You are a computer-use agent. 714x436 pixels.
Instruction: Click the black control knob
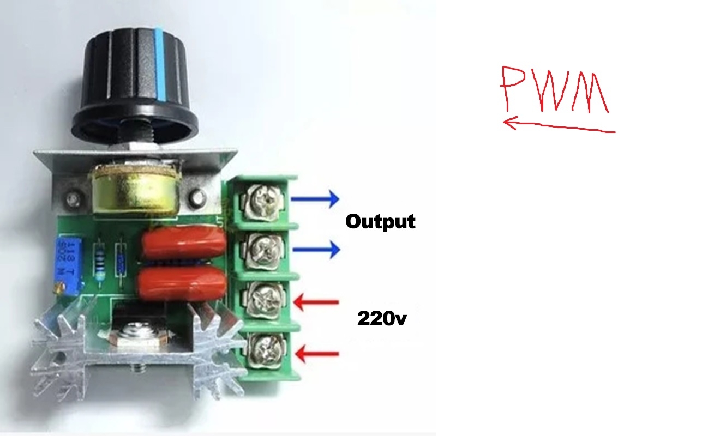[134, 86]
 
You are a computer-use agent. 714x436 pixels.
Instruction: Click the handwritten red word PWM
[555, 89]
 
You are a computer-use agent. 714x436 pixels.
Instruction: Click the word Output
[380, 221]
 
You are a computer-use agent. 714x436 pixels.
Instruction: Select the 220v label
[382, 318]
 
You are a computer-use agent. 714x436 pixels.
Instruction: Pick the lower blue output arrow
[316, 250]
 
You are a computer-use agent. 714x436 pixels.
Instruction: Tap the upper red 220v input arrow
[316, 302]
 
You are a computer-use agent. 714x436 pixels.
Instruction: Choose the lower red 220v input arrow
[317, 354]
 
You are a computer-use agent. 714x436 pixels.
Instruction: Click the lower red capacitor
[182, 283]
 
